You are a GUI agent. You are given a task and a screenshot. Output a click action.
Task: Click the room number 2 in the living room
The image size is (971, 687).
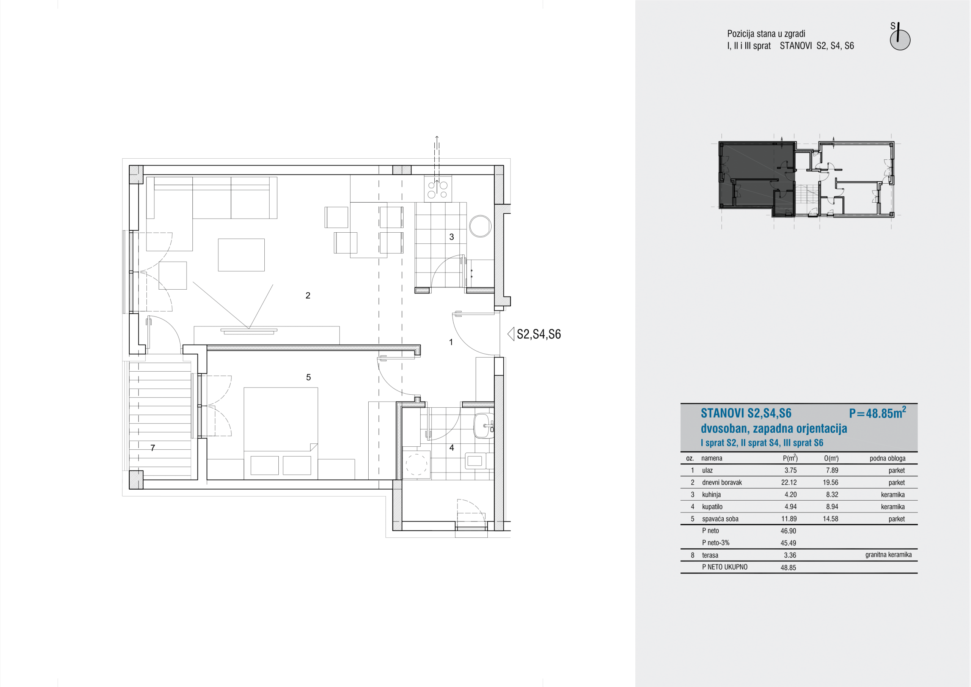[x=308, y=295]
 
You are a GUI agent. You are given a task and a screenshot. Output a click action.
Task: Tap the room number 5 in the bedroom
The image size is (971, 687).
[x=308, y=377]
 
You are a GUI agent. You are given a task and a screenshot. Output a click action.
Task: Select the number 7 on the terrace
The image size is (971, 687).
[x=153, y=448]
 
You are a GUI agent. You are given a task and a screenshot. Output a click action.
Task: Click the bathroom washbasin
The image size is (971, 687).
[x=483, y=425]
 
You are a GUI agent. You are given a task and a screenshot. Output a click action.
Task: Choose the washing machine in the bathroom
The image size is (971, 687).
[x=416, y=464]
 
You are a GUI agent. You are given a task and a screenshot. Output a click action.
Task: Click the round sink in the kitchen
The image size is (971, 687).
[x=480, y=226]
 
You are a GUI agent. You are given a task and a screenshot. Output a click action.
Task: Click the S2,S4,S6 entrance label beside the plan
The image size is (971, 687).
[x=538, y=334]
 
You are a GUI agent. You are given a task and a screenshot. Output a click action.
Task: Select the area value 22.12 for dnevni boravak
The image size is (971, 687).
[x=789, y=482]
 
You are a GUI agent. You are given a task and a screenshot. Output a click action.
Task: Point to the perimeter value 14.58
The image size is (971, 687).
[x=831, y=519]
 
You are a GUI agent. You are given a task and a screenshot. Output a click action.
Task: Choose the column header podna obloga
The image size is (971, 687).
[x=887, y=459]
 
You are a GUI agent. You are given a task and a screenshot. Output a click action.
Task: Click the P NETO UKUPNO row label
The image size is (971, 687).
[x=724, y=567]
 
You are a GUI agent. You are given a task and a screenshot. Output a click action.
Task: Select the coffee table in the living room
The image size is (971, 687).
[x=241, y=255]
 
